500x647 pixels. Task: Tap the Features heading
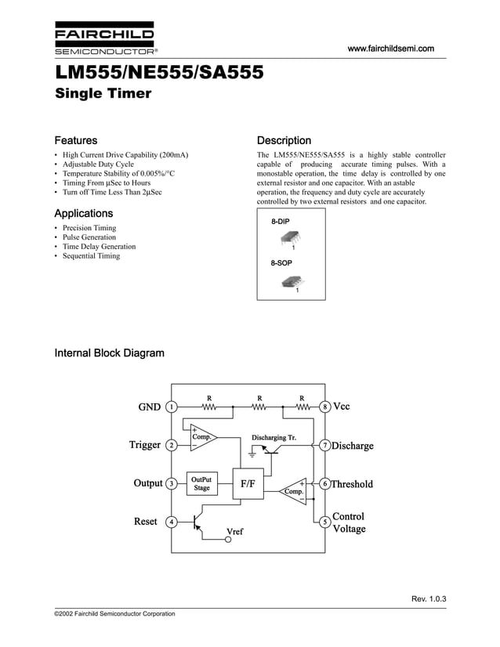click(x=75, y=140)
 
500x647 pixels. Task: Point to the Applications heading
click(x=83, y=213)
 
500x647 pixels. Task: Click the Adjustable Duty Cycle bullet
click(x=98, y=164)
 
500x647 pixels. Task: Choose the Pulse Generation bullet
click(x=89, y=237)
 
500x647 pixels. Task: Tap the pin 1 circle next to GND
click(x=171, y=407)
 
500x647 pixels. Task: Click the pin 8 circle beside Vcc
click(x=324, y=407)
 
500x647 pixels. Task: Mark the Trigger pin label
click(x=145, y=445)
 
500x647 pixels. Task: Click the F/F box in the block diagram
click(x=248, y=484)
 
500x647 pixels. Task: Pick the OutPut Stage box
click(x=201, y=483)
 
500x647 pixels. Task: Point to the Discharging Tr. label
click(x=274, y=437)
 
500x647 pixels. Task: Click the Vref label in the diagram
click(x=234, y=532)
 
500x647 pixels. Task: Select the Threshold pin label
click(x=352, y=484)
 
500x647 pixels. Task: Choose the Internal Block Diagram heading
click(x=109, y=352)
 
